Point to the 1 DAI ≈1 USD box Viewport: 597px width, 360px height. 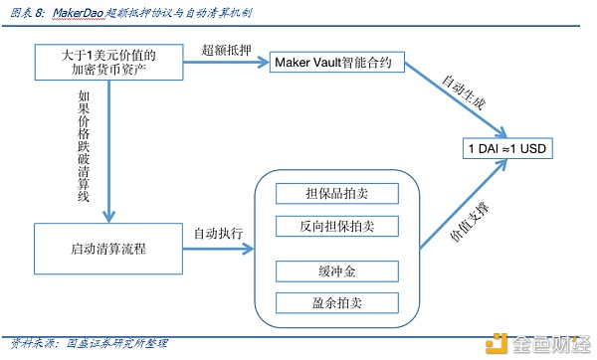point(507,148)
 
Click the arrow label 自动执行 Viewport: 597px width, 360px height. point(218,233)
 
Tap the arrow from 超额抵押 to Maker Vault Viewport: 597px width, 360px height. point(226,62)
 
